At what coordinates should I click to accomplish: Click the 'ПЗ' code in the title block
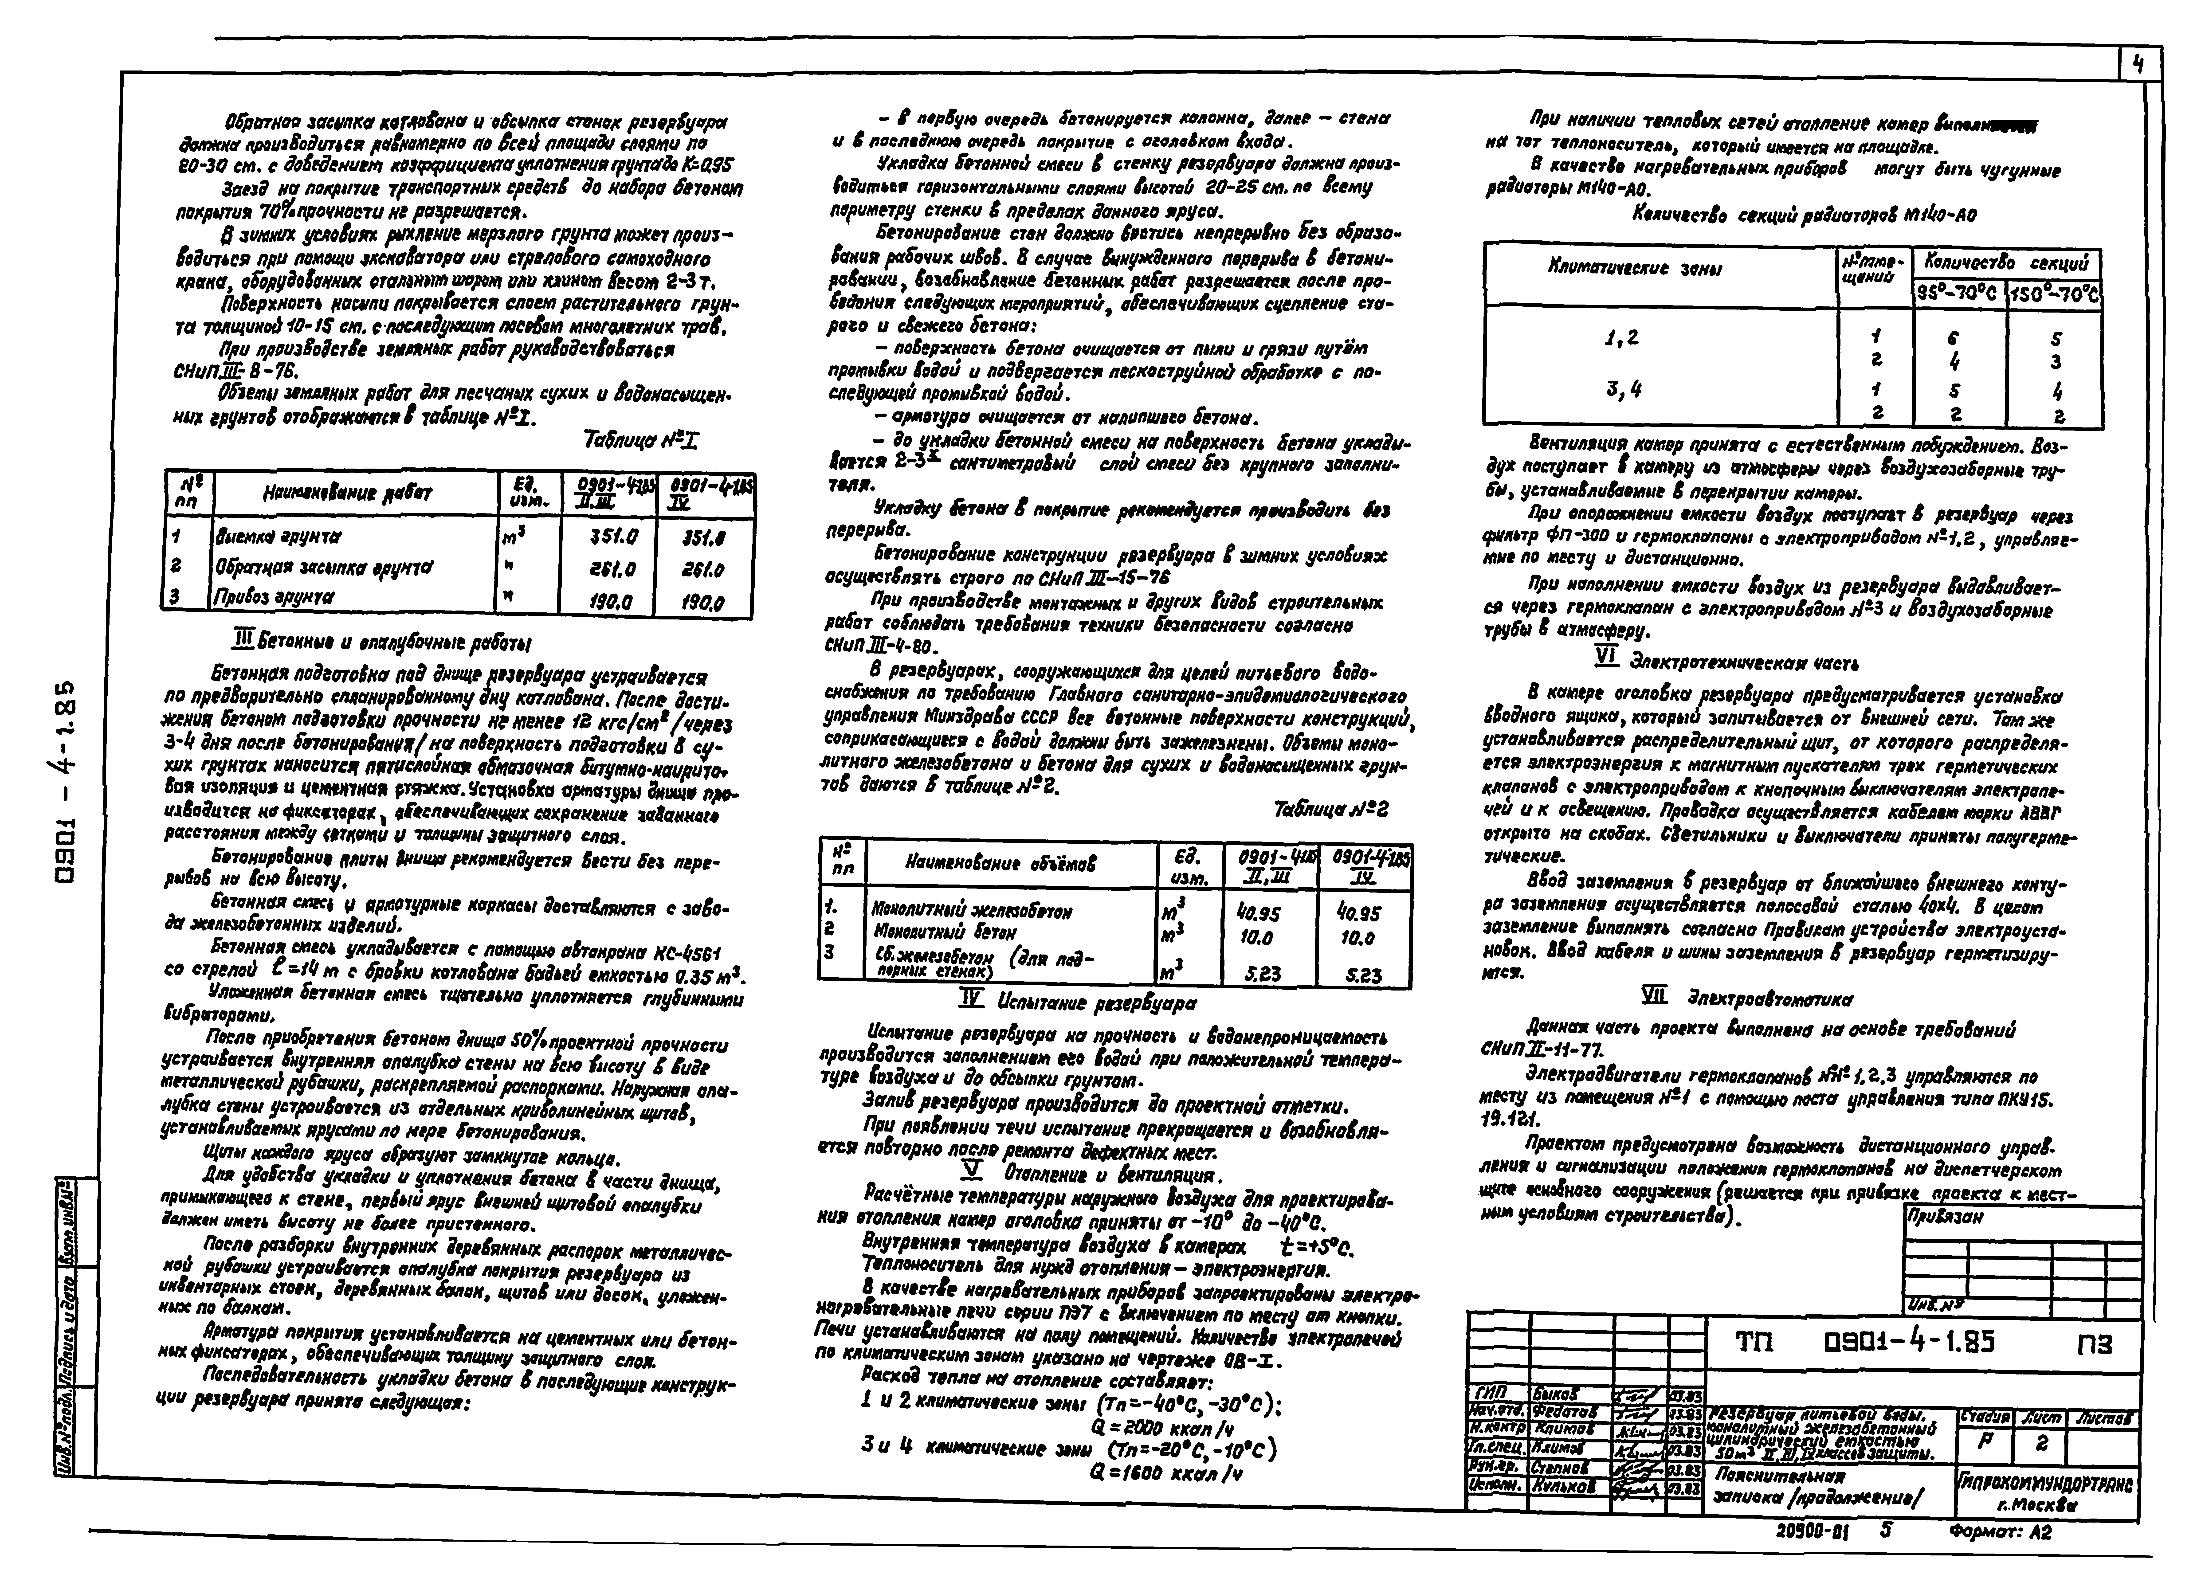(2093, 1344)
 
